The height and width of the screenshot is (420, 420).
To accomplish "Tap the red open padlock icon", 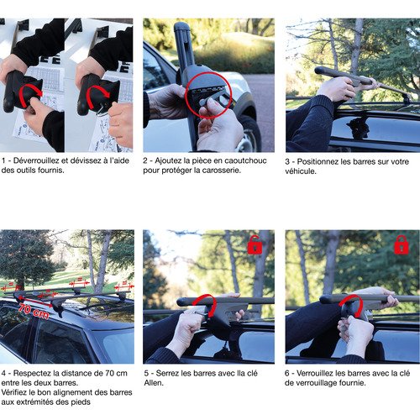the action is click(255, 245).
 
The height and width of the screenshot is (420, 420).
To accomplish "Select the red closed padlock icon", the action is click(402, 245).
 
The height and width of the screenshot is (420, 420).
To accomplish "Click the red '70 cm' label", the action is click(34, 312).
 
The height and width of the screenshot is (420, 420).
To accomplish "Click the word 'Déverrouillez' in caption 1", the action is click(36, 160).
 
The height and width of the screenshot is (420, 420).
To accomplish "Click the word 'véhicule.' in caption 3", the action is click(301, 171).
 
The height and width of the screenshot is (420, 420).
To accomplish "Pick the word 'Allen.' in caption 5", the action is click(154, 383).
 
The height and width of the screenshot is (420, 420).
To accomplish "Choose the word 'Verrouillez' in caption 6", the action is click(315, 373).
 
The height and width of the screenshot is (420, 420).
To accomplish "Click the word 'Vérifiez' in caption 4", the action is click(14, 392).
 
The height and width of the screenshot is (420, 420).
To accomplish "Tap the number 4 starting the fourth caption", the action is click(3, 373).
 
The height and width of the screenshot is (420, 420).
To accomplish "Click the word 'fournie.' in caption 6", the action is click(353, 383).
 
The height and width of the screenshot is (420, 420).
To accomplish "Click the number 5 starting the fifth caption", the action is click(146, 373).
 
